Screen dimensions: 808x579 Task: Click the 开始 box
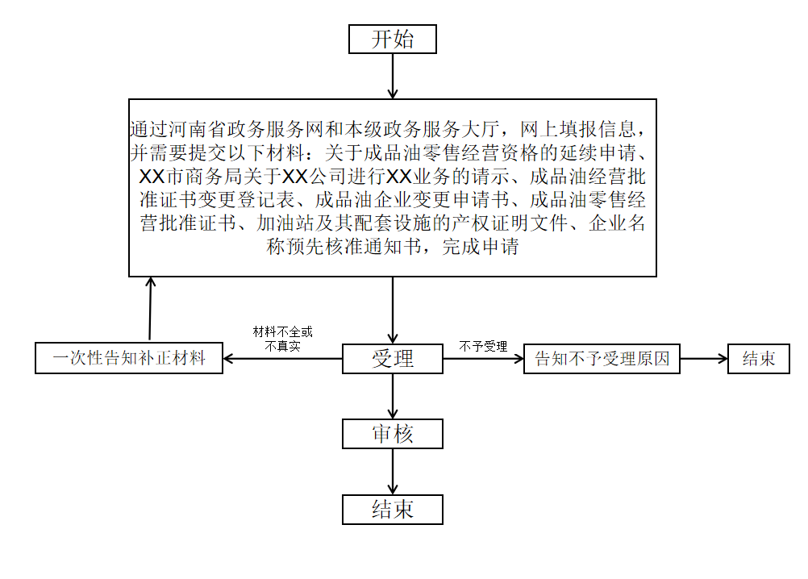(x=393, y=40)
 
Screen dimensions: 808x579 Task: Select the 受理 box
(x=393, y=359)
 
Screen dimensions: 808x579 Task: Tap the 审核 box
(x=393, y=434)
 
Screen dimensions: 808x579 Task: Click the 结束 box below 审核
(x=393, y=510)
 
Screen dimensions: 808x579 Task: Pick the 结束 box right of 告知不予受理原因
(x=759, y=359)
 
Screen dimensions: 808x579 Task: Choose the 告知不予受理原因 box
(x=602, y=359)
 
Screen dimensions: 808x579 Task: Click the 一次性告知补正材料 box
(x=129, y=358)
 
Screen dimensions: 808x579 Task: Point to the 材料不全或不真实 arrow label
(x=283, y=339)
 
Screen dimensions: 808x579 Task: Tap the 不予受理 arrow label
(x=483, y=346)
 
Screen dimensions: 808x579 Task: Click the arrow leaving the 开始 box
(x=393, y=77)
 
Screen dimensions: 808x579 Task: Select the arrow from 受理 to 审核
(x=393, y=396)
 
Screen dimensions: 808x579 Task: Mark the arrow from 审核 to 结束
(x=393, y=472)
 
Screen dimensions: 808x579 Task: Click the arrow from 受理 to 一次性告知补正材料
(x=283, y=359)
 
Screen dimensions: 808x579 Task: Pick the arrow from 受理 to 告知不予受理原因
(x=483, y=359)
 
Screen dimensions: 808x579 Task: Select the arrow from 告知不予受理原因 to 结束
(x=704, y=359)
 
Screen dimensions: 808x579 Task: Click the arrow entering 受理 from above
(x=393, y=310)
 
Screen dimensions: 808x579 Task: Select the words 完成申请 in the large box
(x=481, y=247)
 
